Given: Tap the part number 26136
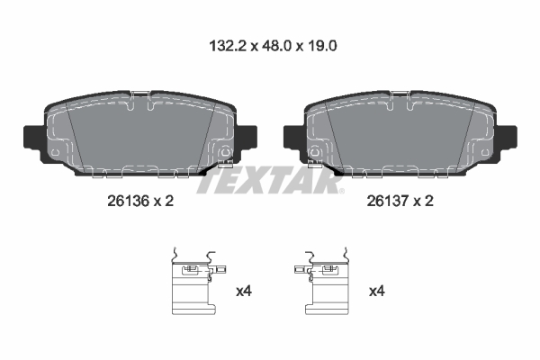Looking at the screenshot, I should [x=126, y=202].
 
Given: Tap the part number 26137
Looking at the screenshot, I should [x=389, y=202].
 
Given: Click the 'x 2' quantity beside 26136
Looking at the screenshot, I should [x=162, y=202].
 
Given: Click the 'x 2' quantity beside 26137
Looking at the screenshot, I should [x=424, y=202].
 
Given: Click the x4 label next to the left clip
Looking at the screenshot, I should [x=243, y=292].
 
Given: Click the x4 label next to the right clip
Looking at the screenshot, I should [x=376, y=292].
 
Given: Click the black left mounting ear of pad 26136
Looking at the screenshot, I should [x=30, y=137].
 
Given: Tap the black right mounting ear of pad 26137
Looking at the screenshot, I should [x=509, y=137].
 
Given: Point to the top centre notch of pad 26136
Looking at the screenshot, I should [x=140, y=95].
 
